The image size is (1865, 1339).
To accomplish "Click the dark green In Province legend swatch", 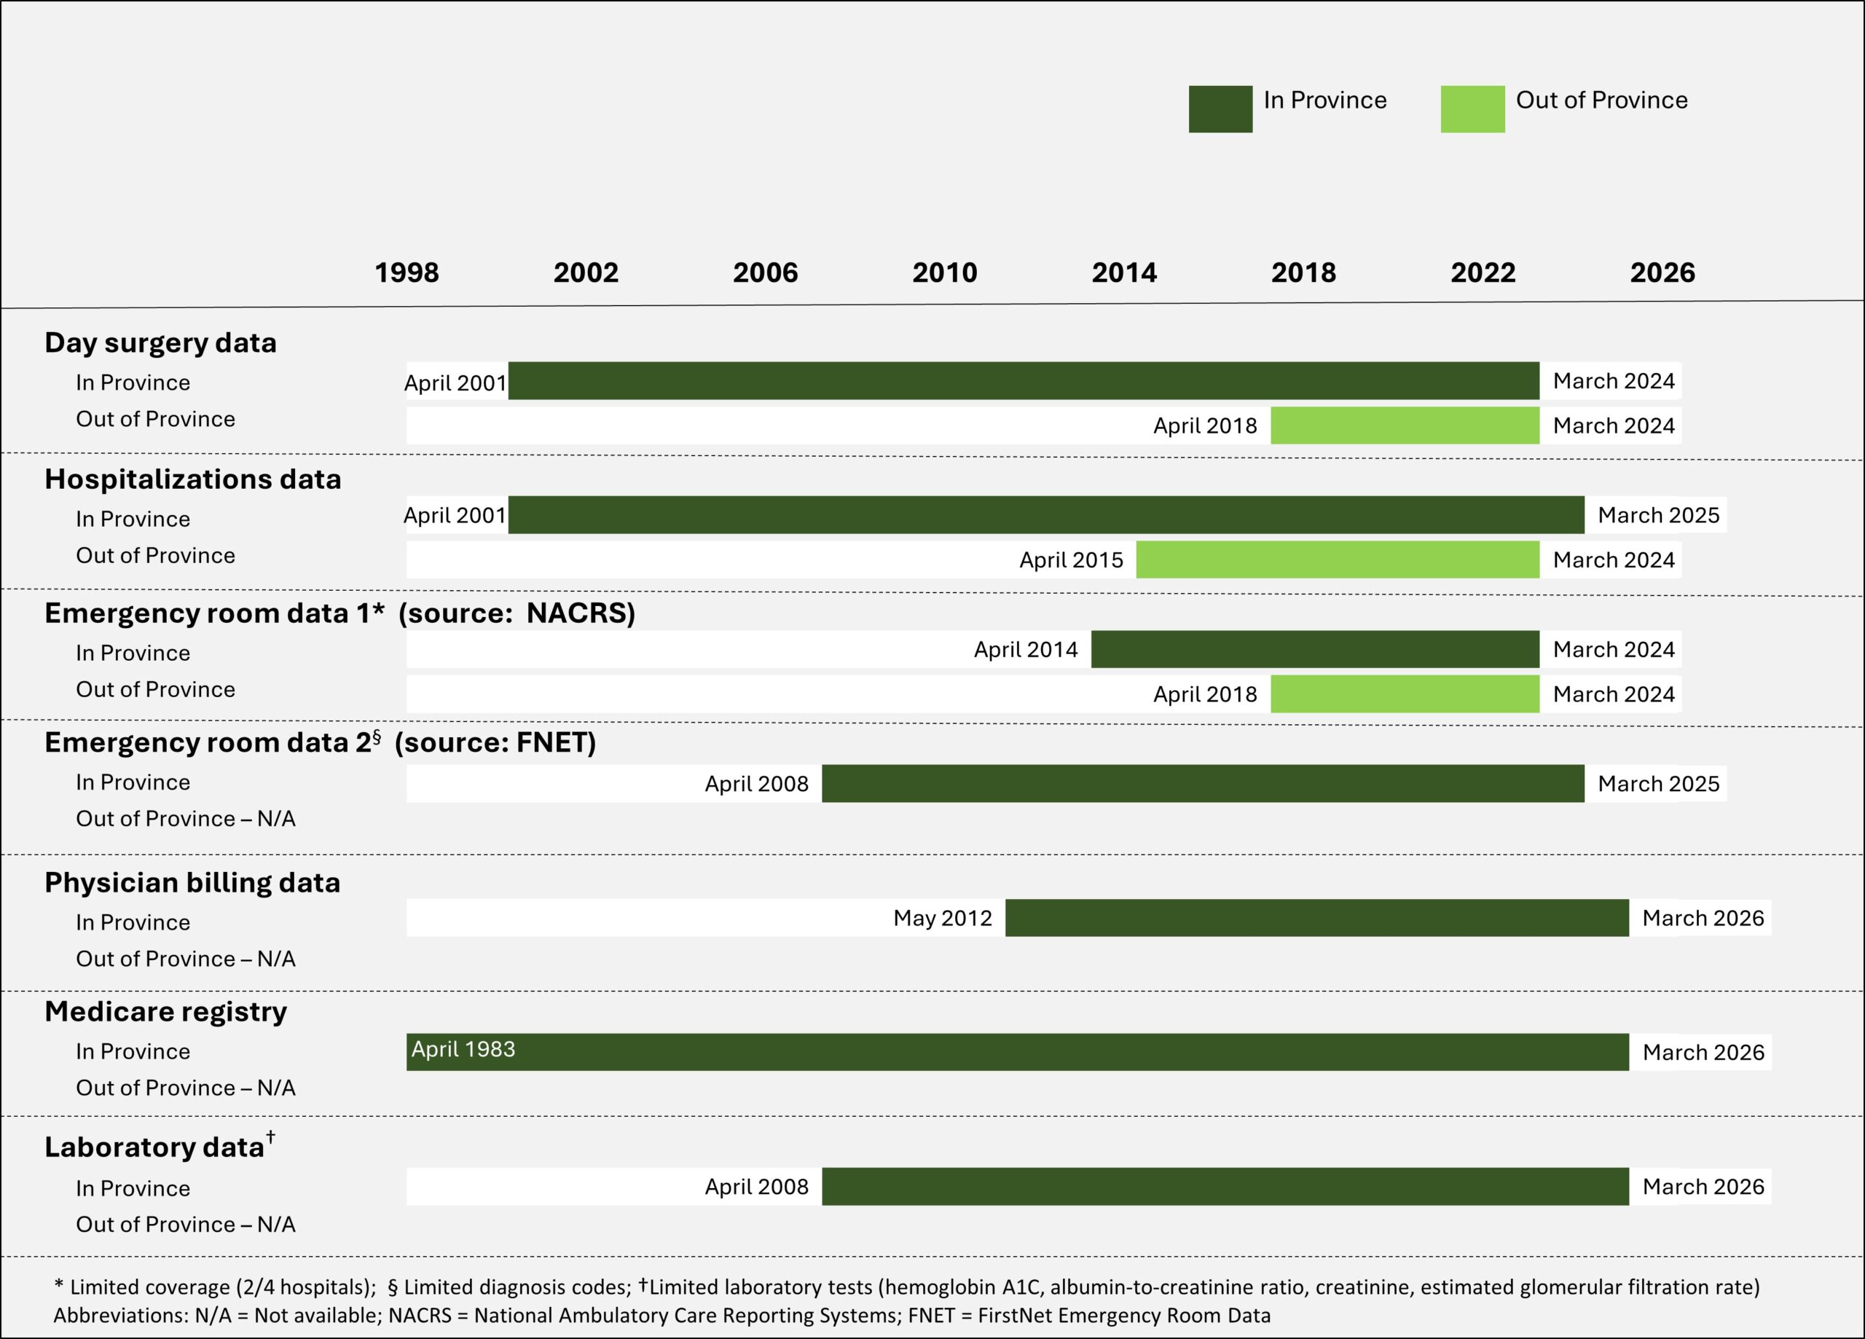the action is pyautogui.click(x=1220, y=109).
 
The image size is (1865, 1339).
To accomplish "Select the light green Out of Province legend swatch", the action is pyautogui.click(x=1473, y=109).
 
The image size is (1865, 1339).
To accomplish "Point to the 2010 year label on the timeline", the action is pyautogui.click(x=945, y=273).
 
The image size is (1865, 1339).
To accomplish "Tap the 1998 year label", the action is pyautogui.click(x=407, y=273).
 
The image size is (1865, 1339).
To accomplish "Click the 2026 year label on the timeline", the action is pyautogui.click(x=1662, y=273).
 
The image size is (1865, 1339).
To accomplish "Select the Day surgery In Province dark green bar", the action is pyautogui.click(x=1024, y=381).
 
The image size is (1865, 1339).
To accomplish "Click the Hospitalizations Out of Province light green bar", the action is pyautogui.click(x=1338, y=559).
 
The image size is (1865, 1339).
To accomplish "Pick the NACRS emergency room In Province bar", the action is pyautogui.click(x=1315, y=650).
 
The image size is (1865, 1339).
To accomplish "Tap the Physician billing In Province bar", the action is pyautogui.click(x=1316, y=918).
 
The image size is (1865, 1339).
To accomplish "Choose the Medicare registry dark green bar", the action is pyautogui.click(x=1017, y=1052).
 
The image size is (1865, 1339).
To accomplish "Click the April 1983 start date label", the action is pyautogui.click(x=464, y=1050).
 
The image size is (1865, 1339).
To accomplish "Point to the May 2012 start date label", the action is pyautogui.click(x=943, y=919).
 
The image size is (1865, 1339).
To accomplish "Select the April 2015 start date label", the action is pyautogui.click(x=1072, y=560).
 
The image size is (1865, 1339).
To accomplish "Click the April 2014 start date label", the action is pyautogui.click(x=1026, y=650).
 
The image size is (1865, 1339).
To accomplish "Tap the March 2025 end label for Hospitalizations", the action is pyautogui.click(x=1659, y=516).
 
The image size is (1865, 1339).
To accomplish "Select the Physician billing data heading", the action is pyautogui.click(x=192, y=882).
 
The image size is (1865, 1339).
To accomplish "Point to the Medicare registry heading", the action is pyautogui.click(x=166, y=1012).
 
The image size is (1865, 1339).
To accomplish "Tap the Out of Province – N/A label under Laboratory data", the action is pyautogui.click(x=186, y=1225).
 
